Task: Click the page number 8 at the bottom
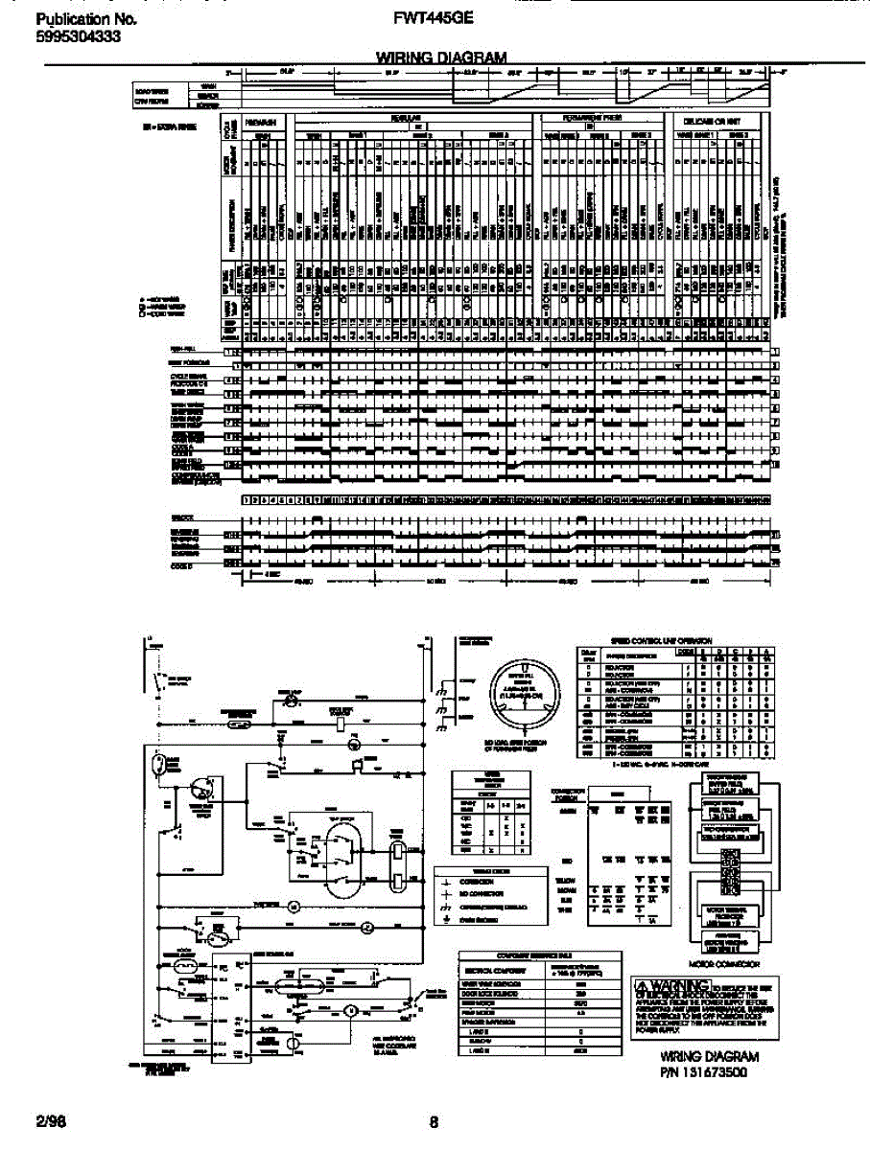coord(435,1122)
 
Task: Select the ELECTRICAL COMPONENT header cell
coord(491,970)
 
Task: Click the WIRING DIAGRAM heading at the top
coord(435,57)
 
